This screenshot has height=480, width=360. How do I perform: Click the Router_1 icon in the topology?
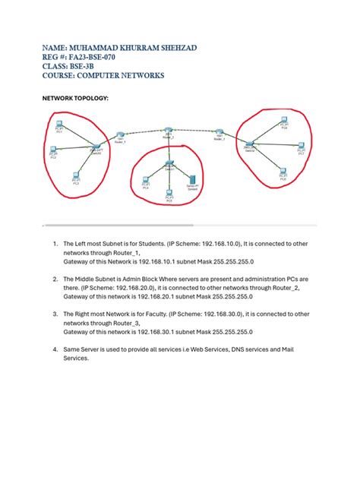(120, 134)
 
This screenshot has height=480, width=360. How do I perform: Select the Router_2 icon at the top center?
(169, 130)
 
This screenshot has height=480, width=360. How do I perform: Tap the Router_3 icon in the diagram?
(219, 132)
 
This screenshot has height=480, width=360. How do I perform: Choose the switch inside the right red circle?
(249, 144)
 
